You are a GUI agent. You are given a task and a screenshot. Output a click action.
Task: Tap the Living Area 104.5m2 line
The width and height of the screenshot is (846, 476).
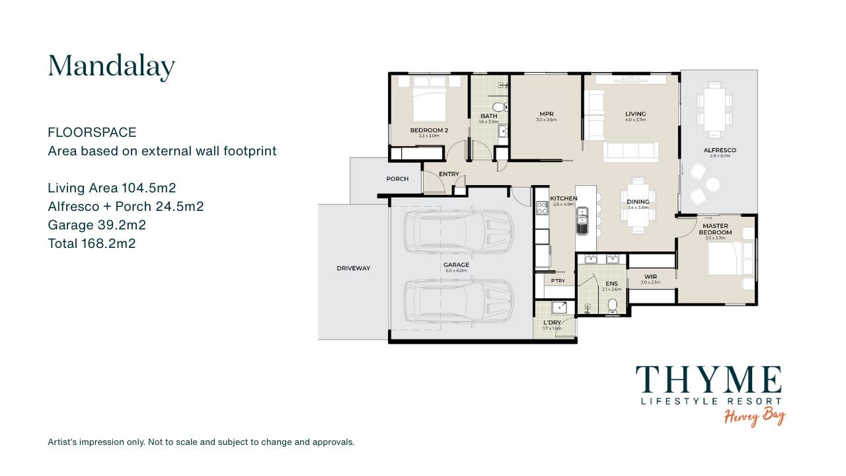pyautogui.click(x=112, y=188)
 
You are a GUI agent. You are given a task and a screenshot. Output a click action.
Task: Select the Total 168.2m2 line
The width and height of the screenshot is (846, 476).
pyautogui.click(x=91, y=243)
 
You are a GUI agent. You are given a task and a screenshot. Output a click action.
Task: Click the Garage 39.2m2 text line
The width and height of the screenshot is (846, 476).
pyautogui.click(x=96, y=225)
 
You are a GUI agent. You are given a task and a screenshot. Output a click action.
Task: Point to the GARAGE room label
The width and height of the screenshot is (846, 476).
pyautogui.click(x=455, y=265)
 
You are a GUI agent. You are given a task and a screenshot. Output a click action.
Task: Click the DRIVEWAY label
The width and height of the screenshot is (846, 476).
pyautogui.click(x=354, y=268)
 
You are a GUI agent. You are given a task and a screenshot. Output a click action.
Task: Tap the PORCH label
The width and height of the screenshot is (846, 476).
pyautogui.click(x=397, y=179)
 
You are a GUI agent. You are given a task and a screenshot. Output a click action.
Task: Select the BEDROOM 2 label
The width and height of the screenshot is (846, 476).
pyautogui.click(x=429, y=130)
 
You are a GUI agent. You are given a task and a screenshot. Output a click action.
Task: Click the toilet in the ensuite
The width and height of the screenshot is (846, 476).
pyautogui.click(x=612, y=305)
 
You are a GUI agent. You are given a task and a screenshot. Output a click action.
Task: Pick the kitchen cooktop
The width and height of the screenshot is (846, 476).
pyautogui.click(x=542, y=208)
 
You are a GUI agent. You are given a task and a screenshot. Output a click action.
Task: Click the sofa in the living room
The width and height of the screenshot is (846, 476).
pyautogui.click(x=631, y=152)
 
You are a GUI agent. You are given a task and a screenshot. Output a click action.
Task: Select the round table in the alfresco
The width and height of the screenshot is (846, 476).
pyautogui.click(x=713, y=185)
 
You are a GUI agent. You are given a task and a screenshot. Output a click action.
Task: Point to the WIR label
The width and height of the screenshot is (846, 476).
pyautogui.click(x=650, y=277)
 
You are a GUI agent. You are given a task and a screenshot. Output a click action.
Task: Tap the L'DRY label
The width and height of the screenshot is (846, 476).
pyautogui.click(x=552, y=323)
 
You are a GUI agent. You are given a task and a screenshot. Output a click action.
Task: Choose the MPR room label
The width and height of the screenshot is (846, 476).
pyautogui.click(x=546, y=114)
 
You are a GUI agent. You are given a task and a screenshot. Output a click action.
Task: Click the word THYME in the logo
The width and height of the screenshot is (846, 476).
pyautogui.click(x=709, y=380)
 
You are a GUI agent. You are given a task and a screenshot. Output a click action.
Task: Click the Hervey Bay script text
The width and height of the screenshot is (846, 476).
pyautogui.click(x=755, y=416)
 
